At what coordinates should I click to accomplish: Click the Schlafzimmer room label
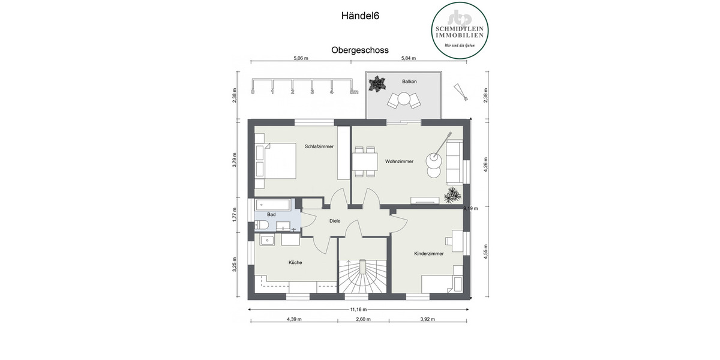pyautogui.click(x=319, y=146)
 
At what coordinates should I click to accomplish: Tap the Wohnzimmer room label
pyautogui.click(x=399, y=161)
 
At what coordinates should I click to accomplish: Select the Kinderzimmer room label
pyautogui.click(x=428, y=254)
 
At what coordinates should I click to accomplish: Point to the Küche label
pyautogui.click(x=295, y=262)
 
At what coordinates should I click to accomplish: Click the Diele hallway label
pyautogui.click(x=335, y=221)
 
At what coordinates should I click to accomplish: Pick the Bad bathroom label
pyautogui.click(x=271, y=214)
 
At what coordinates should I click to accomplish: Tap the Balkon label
pyautogui.click(x=409, y=81)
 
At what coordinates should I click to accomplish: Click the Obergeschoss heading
pyautogui.click(x=359, y=51)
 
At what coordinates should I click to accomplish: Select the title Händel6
pyautogui.click(x=359, y=17)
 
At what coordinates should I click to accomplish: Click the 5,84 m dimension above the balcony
pyautogui.click(x=409, y=58)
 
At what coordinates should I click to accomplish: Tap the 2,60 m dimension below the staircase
pyautogui.click(x=363, y=319)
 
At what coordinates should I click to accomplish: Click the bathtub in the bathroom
pyautogui.click(x=273, y=205)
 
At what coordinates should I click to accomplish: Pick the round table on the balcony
pyautogui.click(x=403, y=98)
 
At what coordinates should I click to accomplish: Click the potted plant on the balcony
pyautogui.click(x=377, y=84)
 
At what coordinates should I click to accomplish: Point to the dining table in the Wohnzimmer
pyautogui.click(x=365, y=161)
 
